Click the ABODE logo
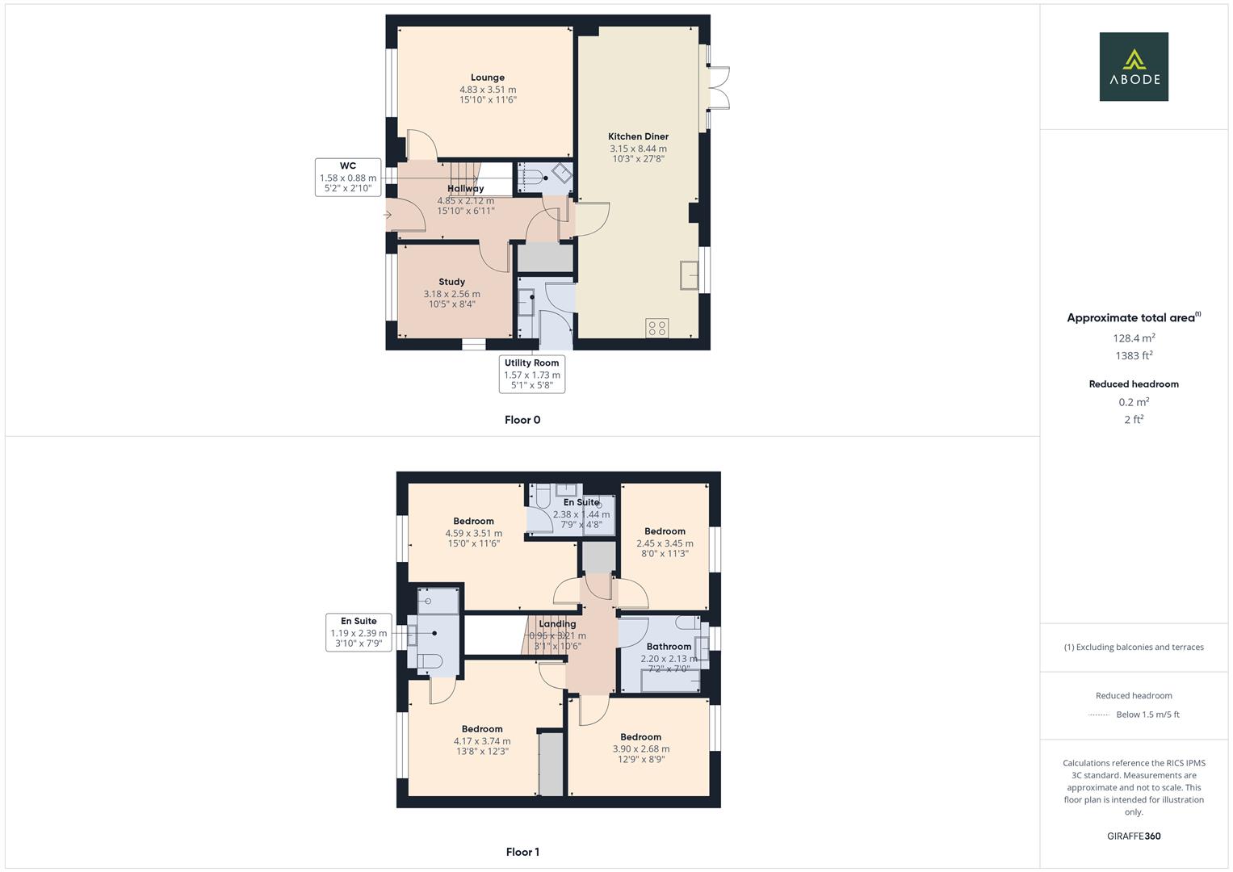(1134, 67)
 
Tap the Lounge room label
(488, 78)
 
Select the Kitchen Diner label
(638, 136)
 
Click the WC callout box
(348, 178)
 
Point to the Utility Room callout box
(532, 374)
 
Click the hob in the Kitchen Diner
(656, 328)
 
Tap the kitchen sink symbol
(690, 275)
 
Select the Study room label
(451, 283)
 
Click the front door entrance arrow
(387, 215)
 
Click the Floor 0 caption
(522, 420)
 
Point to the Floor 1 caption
(522, 852)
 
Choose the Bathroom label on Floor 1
(669, 647)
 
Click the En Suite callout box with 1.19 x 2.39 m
(359, 632)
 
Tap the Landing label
(557, 624)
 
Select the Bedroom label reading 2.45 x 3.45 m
(665, 531)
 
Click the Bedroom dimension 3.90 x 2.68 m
(641, 748)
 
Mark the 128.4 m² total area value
(1134, 338)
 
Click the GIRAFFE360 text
(1134, 836)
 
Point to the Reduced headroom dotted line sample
(1099, 715)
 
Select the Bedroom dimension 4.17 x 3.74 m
(482, 740)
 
